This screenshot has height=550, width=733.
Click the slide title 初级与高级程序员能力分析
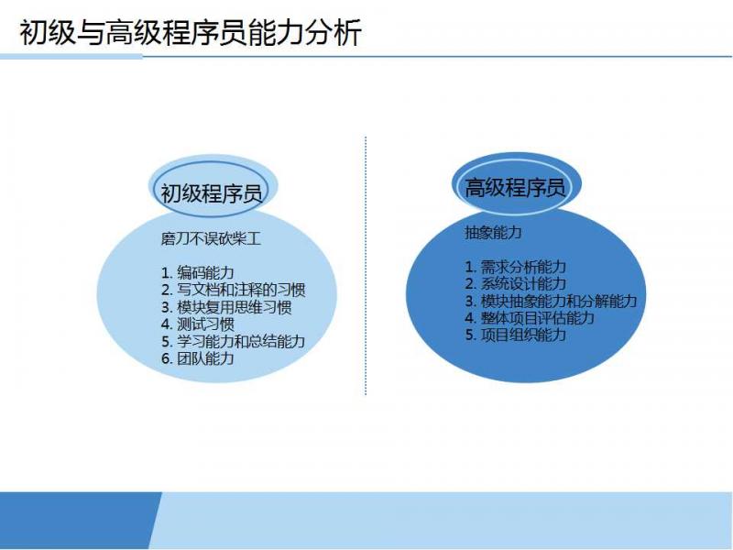(191, 33)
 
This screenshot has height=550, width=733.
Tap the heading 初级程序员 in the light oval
(212, 192)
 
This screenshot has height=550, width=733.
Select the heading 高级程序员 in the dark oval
(515, 188)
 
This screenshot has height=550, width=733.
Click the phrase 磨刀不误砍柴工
(211, 239)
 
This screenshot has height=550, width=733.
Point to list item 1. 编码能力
(198, 272)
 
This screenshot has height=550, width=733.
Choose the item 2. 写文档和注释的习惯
(234, 290)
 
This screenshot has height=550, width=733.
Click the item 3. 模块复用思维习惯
(226, 307)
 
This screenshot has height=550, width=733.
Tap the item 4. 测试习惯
(198, 324)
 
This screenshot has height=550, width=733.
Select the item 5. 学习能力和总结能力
(234, 341)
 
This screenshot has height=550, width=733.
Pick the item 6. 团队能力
(198, 358)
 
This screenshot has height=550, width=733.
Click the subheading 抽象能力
(493, 232)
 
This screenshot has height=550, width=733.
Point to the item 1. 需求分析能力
(515, 267)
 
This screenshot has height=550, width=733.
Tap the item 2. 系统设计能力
(515, 284)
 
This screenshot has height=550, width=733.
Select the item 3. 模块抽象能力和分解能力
(551, 302)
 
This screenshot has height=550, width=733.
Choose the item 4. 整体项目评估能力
(530, 318)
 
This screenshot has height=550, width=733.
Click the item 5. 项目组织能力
(515, 335)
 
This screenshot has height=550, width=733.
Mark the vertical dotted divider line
(366, 266)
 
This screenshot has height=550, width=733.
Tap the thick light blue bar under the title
(71, 57)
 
